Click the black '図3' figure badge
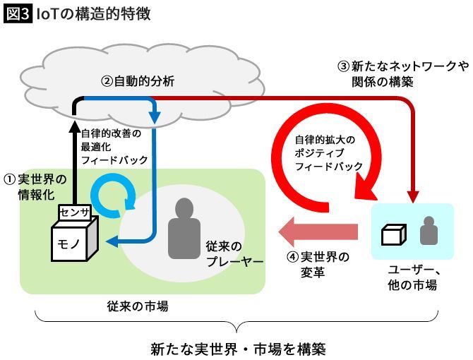(16, 13)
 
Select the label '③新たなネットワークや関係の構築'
(402, 74)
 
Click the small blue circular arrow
(114, 198)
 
